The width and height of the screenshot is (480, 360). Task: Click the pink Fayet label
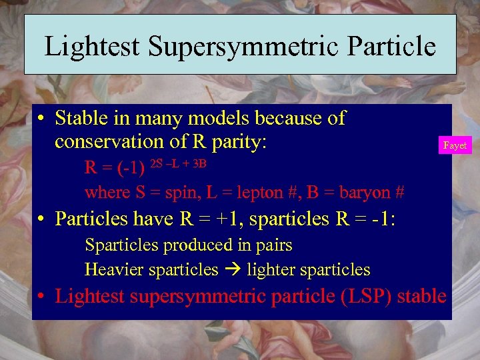coord(455,145)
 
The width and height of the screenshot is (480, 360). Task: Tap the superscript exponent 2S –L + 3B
coord(181,163)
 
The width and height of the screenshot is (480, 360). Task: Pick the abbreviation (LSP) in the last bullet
coord(365,296)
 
